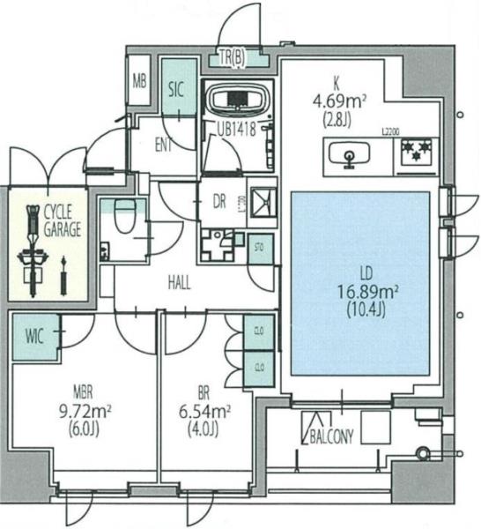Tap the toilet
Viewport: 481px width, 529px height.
(x=124, y=213)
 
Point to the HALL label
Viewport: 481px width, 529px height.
(x=181, y=283)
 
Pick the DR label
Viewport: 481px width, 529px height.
(x=220, y=201)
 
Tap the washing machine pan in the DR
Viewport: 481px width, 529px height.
(x=262, y=201)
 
